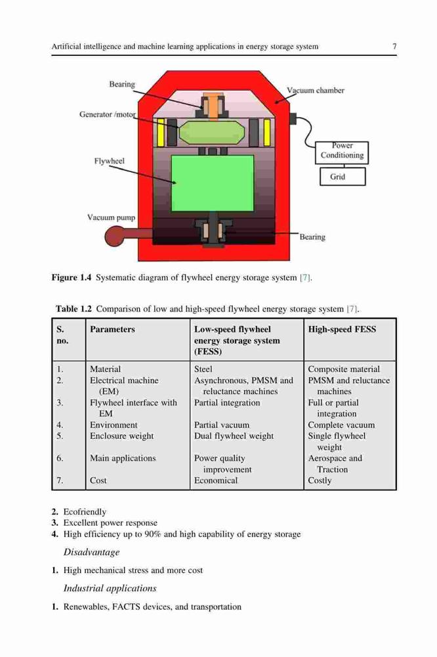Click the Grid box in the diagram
343,176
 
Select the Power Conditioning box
342,152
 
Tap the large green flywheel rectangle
213,183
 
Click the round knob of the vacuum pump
115,236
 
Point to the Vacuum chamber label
315,90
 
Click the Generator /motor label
108,114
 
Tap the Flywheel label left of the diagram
109,161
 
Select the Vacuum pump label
111,217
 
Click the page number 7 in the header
394,46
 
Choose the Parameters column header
112,329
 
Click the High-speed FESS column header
342,329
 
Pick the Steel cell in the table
203,369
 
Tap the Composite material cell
344,369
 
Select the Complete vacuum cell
342,425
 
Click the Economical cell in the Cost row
216,481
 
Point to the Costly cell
320,481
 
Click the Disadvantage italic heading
91,553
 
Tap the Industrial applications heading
110,588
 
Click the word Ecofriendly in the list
85,512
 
